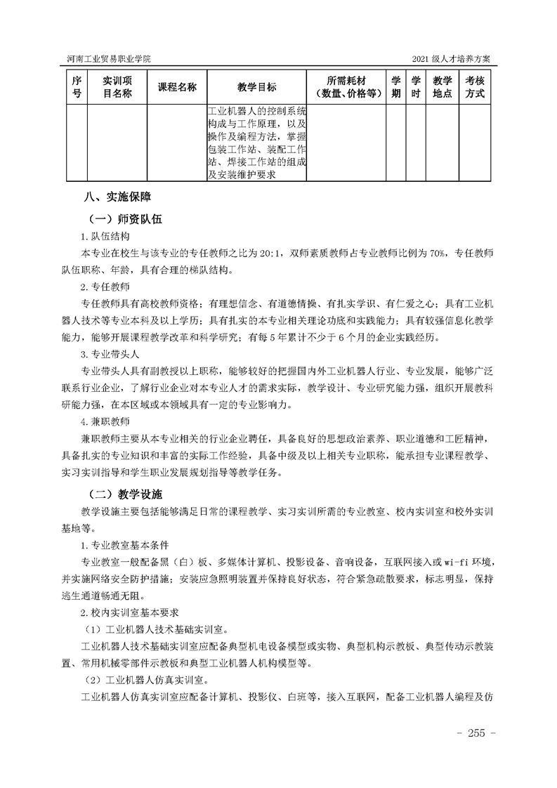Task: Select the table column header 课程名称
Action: click(177, 87)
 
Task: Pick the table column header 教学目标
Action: click(257, 87)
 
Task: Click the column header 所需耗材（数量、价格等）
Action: click(346, 87)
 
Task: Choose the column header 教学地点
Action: click(443, 87)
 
